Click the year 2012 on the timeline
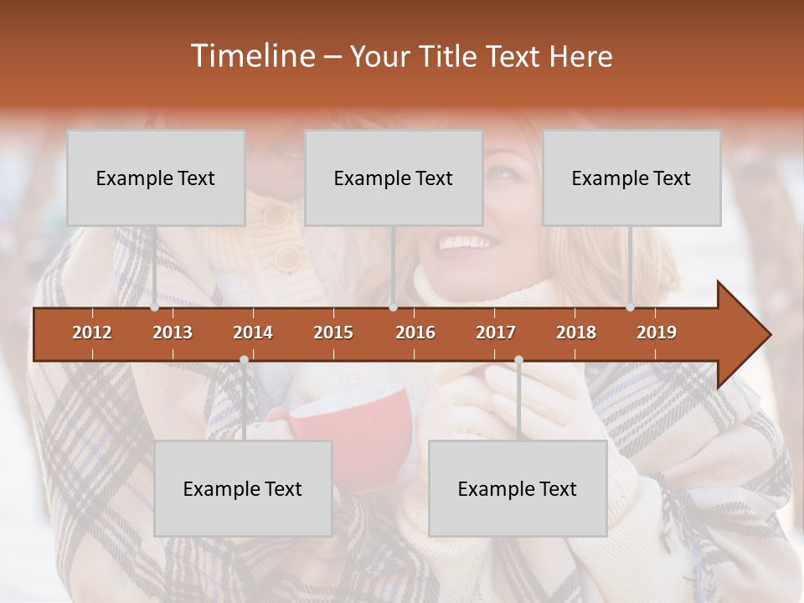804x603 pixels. (x=92, y=332)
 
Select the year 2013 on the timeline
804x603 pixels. (x=173, y=332)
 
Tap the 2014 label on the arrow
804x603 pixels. (x=253, y=332)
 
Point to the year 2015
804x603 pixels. (x=333, y=332)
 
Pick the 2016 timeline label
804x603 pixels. (x=415, y=332)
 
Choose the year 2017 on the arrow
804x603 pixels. (x=496, y=332)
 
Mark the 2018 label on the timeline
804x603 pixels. (x=576, y=332)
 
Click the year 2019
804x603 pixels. (x=657, y=332)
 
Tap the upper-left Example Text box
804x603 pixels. (x=156, y=178)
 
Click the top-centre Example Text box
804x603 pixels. (x=394, y=178)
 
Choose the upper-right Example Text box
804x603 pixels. (x=631, y=178)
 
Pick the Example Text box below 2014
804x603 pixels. (x=243, y=488)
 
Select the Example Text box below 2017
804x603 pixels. (x=518, y=488)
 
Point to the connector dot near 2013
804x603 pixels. (x=155, y=307)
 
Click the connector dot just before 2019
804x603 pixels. (x=631, y=307)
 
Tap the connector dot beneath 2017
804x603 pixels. (x=518, y=360)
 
